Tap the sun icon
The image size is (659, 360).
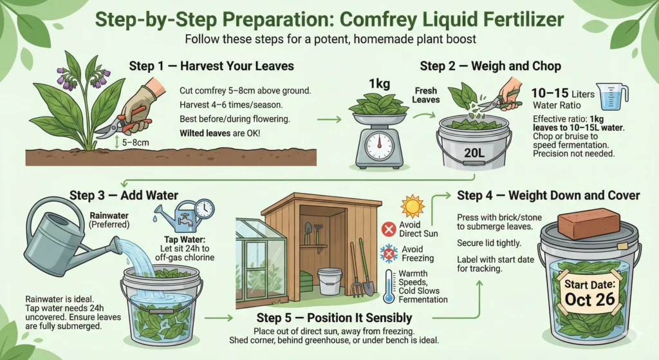tap(412, 206)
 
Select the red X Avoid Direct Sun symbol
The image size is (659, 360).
tap(388, 229)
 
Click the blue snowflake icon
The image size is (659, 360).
tap(388, 253)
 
